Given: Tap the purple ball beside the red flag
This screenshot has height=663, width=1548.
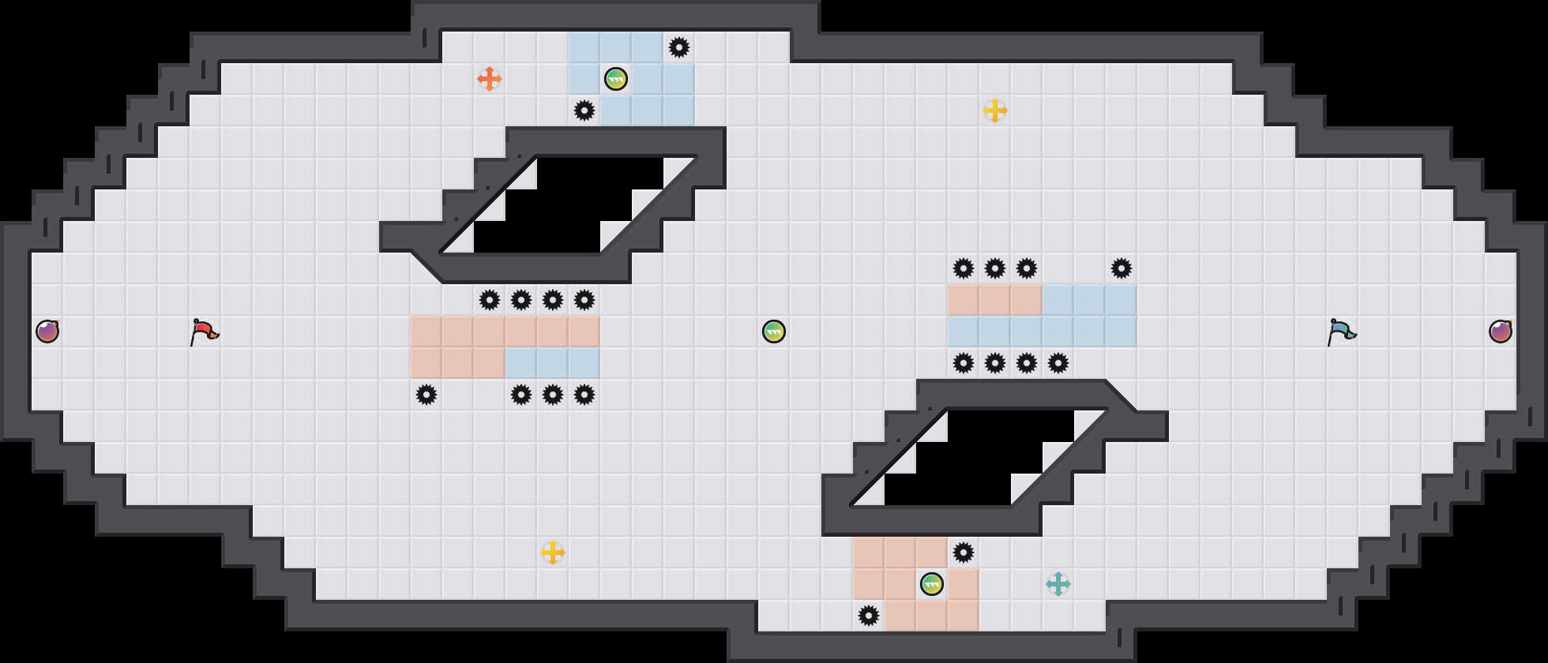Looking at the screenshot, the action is coord(47,331).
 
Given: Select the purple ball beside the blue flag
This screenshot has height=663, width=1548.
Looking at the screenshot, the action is coord(1501,331).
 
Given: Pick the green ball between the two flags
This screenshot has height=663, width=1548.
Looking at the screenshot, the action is coord(774,331).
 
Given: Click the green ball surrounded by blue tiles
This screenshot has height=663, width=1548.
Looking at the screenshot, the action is coord(616,79).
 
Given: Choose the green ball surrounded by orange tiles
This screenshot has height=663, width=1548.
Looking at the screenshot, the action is coord(932,584).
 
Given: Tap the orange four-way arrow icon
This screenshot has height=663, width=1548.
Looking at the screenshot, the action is coord(490,79).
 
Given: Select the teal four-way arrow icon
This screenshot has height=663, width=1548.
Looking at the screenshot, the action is coord(1058,584).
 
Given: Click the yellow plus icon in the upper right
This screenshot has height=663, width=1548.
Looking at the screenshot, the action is coord(995,110).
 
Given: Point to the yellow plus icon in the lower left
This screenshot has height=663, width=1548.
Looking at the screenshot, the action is coord(553,552).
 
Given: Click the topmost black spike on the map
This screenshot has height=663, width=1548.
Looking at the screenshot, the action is coord(679,47).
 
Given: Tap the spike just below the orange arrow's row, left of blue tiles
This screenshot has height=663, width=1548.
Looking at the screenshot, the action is coord(584,110).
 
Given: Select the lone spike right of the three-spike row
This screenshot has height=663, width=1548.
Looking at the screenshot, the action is coord(1122,268).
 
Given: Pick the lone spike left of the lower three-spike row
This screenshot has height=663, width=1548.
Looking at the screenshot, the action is coord(426,395).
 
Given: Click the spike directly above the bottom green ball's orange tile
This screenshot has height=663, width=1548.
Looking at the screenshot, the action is coord(964,552).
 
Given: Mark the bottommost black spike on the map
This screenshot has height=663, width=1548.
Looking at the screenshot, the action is coord(869,616).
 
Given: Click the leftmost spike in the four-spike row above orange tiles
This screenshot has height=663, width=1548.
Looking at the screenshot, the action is coord(490,300).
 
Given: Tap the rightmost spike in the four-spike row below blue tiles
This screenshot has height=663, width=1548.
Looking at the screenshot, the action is coord(1058,363).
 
